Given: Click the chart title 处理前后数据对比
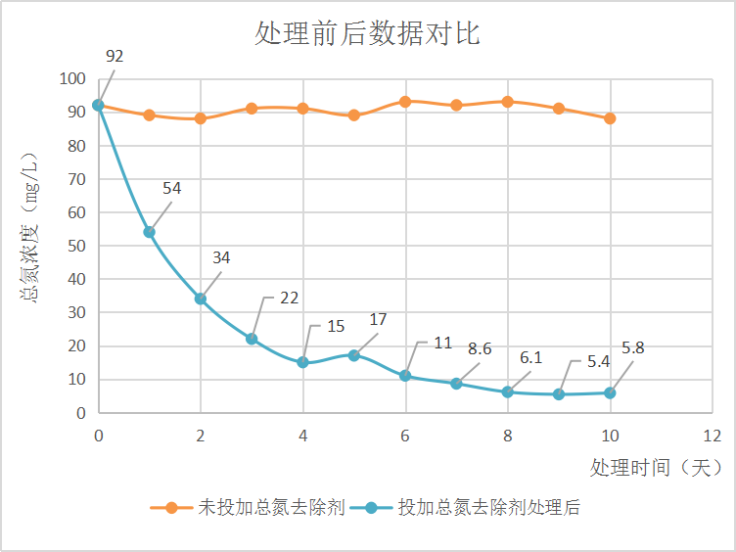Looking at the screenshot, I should tap(367, 35).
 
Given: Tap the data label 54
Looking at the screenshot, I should tap(172, 188).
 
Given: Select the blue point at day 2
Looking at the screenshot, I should tap(201, 299).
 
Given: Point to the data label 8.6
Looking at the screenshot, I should tap(479, 347).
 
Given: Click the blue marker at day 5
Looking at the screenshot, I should tap(354, 355).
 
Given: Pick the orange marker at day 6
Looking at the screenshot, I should tap(405, 102).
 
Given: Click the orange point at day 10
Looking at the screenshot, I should tap(610, 118).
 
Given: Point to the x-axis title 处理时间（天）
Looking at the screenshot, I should tap(656, 468).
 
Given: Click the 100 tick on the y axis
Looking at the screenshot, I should tap(72, 79).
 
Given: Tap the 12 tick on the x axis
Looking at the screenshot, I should tap(712, 435).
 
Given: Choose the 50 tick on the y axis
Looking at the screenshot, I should tap(76, 246).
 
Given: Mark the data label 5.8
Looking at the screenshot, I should tap(632, 347).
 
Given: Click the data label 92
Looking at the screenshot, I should tap(115, 56).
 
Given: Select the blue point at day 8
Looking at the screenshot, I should tap(508, 392).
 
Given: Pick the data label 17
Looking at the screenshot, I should tap(378, 319).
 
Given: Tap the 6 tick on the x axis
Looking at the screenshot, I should tap(405, 435).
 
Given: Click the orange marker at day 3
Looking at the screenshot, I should tap(252, 109).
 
